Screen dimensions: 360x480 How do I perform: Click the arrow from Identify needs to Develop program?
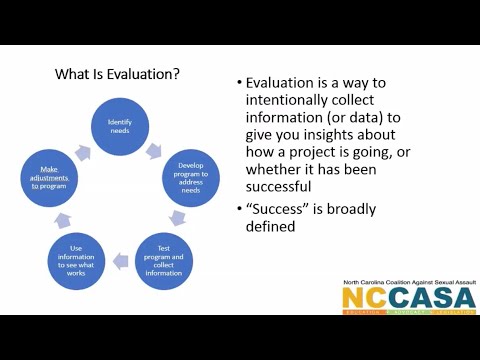(155, 152)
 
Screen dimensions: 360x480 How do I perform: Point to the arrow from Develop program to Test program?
(178, 216)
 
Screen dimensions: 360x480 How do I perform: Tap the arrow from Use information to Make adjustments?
(65, 218)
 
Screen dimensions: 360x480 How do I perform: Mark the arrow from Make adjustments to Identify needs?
(84, 150)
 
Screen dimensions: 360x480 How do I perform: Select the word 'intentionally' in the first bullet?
(293, 102)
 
